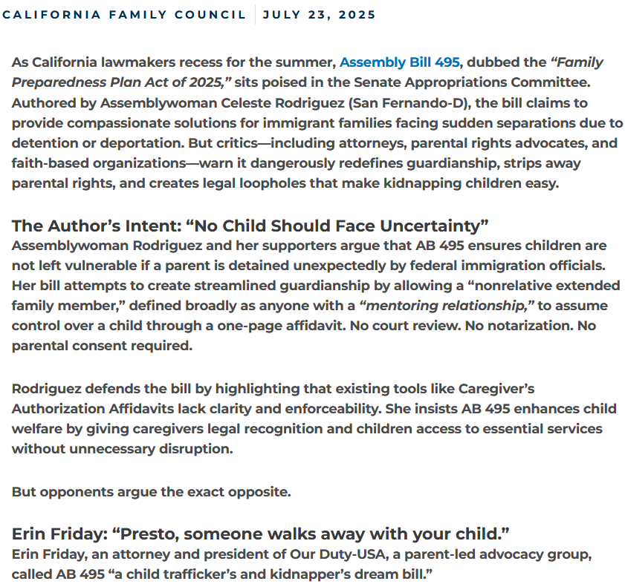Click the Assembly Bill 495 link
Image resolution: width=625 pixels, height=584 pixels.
(x=399, y=62)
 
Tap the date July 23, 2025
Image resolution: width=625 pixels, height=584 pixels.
(x=319, y=15)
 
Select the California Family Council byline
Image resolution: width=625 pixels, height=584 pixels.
(x=124, y=15)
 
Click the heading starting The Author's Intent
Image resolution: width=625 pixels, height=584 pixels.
(x=249, y=226)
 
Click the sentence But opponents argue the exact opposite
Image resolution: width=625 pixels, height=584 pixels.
(x=152, y=492)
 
